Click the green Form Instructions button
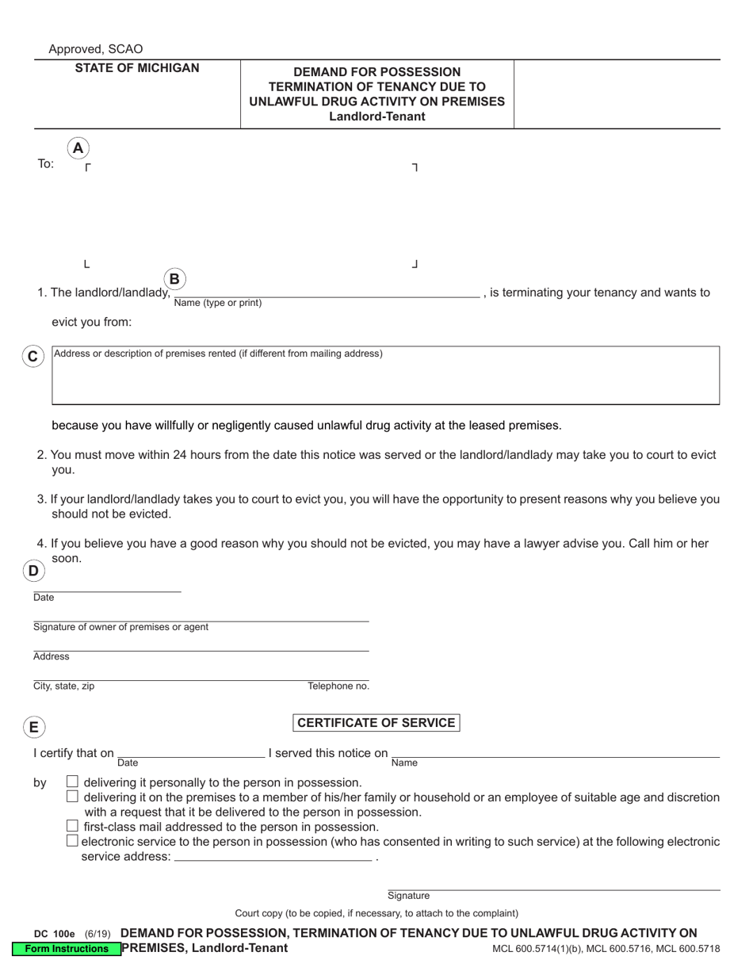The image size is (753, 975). point(67,949)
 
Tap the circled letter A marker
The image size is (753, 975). point(78,148)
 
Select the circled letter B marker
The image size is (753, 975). point(174,279)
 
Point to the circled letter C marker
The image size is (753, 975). point(32,357)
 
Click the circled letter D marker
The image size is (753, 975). point(33,571)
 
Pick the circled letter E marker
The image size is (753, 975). point(33,727)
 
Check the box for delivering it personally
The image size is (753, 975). point(73,782)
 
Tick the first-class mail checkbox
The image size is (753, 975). point(73,826)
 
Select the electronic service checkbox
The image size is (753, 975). point(73,841)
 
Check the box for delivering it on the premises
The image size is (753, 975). point(73,797)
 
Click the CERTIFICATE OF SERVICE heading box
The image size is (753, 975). point(376,723)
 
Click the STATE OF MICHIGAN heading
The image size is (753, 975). point(137,68)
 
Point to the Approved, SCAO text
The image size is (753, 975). point(96,49)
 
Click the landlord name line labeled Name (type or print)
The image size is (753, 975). point(327,292)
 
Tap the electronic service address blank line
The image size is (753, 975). point(272,856)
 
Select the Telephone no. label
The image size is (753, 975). point(338,686)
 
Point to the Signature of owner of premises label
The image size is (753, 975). point(120,627)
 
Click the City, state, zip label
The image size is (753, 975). point(63,686)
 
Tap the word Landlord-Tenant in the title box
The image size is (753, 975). point(377,117)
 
